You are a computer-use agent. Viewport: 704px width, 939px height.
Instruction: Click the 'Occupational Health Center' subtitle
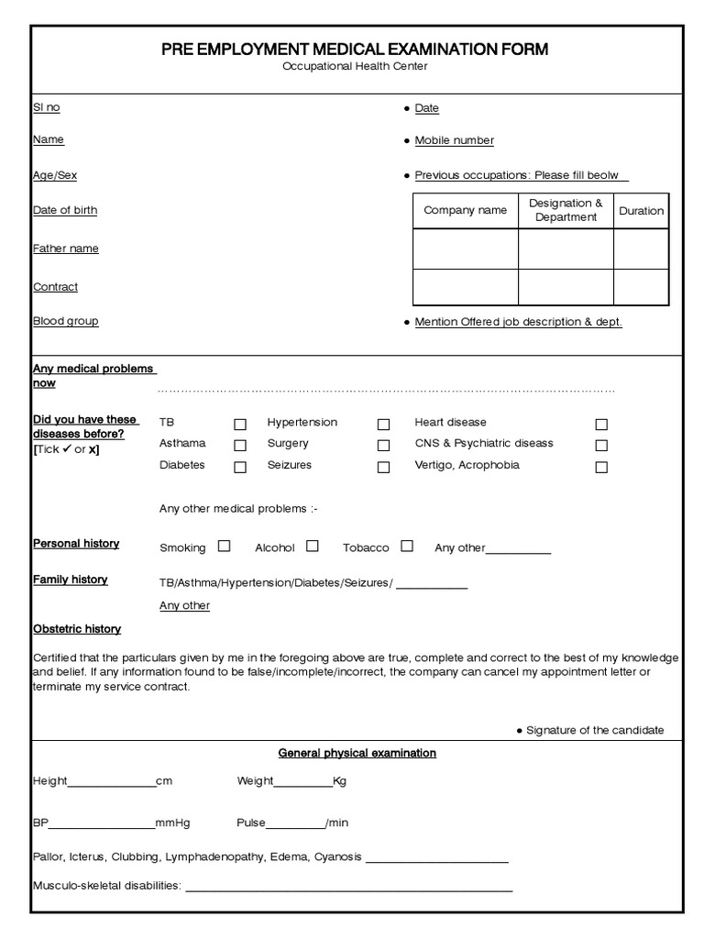click(354, 66)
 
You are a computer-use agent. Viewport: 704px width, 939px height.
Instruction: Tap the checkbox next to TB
click(240, 425)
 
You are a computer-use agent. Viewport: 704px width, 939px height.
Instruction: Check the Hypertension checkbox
click(383, 425)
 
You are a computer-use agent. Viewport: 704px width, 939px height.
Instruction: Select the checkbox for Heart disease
click(601, 425)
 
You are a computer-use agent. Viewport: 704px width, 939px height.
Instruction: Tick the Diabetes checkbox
click(240, 467)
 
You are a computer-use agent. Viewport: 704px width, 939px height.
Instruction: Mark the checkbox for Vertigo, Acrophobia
click(601, 467)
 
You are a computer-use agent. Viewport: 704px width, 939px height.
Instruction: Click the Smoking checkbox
click(224, 546)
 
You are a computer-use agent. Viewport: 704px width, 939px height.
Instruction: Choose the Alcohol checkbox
click(313, 546)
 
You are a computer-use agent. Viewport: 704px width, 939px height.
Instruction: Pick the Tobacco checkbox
click(407, 546)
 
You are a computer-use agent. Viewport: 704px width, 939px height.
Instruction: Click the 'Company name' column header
click(465, 210)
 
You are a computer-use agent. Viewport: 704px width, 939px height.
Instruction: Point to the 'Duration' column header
click(641, 210)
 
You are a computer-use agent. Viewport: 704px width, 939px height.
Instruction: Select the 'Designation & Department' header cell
click(566, 210)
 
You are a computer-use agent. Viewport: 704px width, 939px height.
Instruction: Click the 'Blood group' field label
click(66, 321)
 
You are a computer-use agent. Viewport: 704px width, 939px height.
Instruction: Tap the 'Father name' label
click(66, 249)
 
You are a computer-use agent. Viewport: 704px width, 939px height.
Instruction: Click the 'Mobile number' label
click(454, 140)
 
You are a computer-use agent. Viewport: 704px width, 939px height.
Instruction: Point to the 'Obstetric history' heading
click(77, 629)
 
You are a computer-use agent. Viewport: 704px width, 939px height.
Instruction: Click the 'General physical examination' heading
click(357, 753)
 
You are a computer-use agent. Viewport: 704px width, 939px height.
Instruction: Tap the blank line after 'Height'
click(111, 783)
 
